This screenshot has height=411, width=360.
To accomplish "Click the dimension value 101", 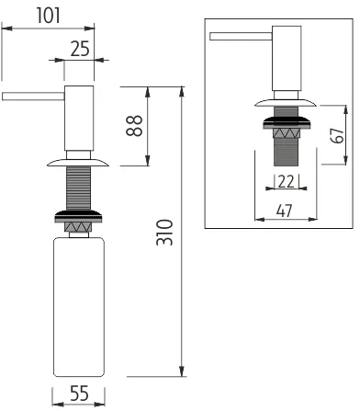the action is coord(49,16).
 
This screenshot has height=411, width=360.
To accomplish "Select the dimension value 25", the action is coord(80,49).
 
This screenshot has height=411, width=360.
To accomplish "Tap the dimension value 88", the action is coord(134,126).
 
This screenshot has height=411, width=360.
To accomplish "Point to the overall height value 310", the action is coord(164,233).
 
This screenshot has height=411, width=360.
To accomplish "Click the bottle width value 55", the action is coord(79,394).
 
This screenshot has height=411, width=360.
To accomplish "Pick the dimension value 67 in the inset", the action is coord(337,135).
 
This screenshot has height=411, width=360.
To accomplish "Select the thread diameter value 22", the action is coord(287,181).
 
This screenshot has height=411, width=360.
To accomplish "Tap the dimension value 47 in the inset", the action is coord(285,211).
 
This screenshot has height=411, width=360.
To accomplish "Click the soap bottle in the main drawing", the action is coord(79,307).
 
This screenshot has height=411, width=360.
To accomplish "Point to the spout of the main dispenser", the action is coord(33,97).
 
